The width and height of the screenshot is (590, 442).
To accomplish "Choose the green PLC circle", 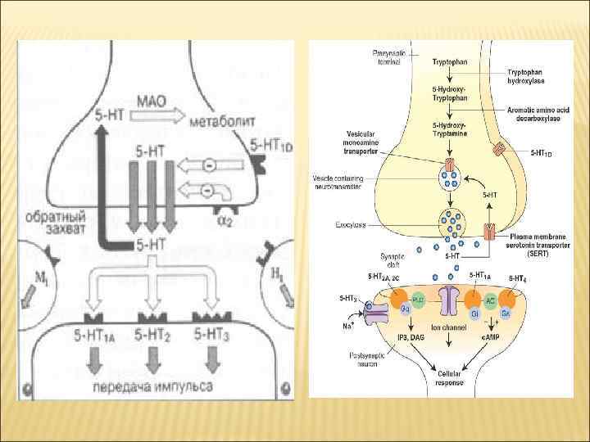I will coord(418,300).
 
